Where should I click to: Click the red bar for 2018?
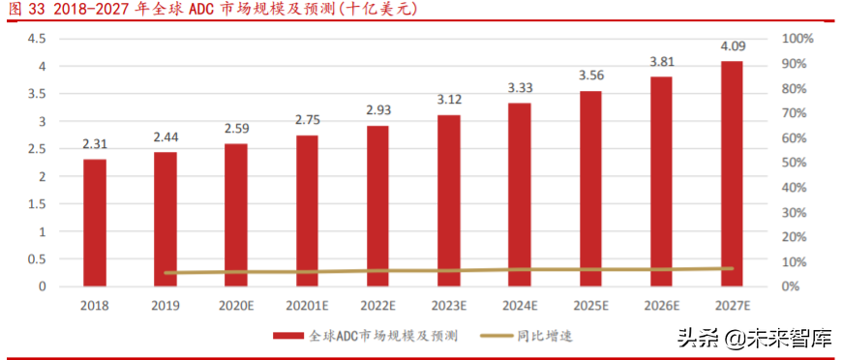coord(94,223)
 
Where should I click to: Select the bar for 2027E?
coord(732,173)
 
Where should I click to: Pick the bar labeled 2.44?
coord(166,219)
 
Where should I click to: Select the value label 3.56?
coord(590,75)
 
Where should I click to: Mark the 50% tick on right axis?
coord(795,163)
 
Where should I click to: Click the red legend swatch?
coord(288,336)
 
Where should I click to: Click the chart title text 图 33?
coord(21,11)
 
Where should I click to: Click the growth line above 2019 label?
coord(166,273)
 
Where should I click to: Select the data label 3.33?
coord(520,88)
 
